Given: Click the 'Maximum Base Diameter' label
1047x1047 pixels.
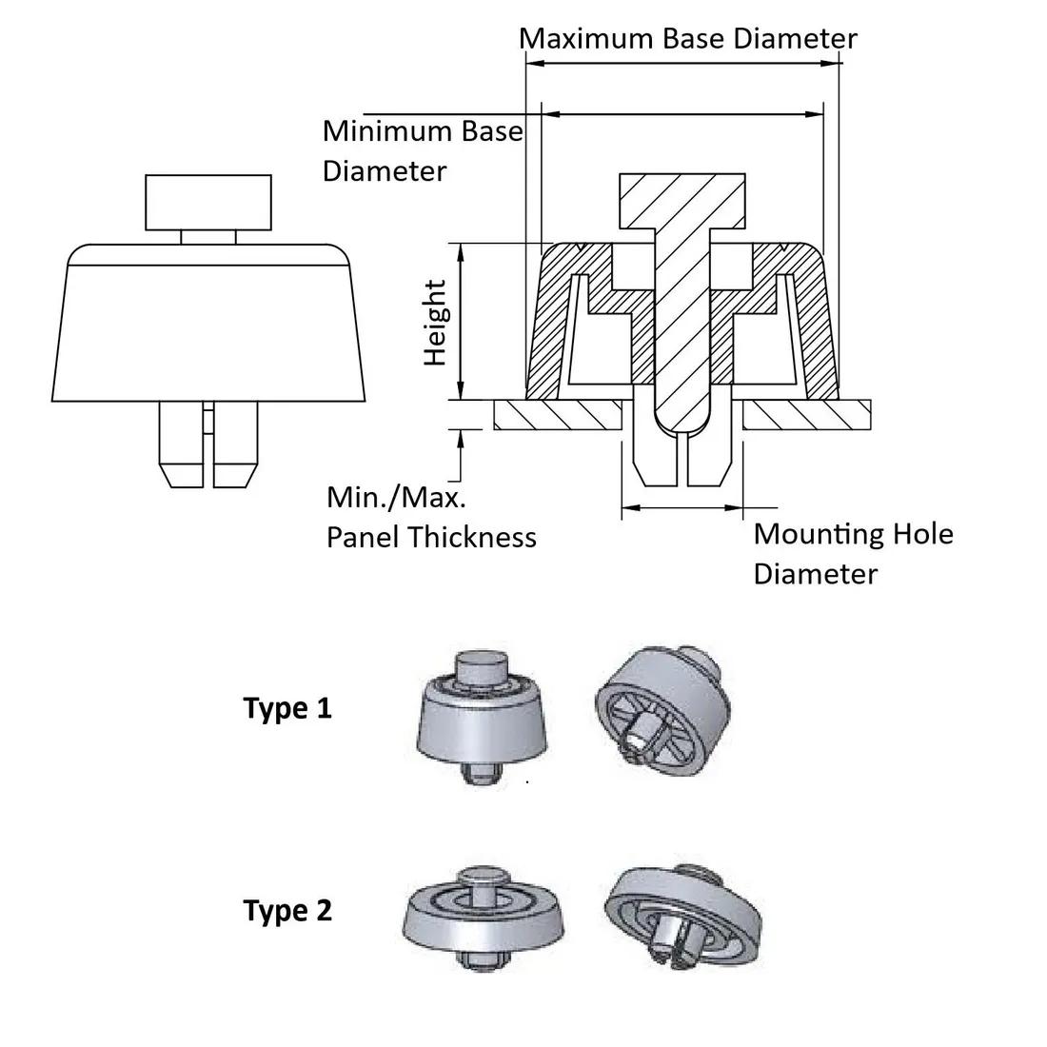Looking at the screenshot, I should (x=687, y=39).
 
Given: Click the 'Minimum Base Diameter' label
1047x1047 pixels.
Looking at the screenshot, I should (x=423, y=150).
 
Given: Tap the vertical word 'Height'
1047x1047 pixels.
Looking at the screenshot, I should (x=435, y=323).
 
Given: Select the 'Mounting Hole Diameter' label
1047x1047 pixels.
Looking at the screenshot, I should (x=852, y=553).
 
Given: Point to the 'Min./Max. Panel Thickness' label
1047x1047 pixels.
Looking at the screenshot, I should (x=431, y=517).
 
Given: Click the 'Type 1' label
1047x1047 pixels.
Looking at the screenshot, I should (x=287, y=709).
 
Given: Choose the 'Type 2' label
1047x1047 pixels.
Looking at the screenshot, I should (x=287, y=911).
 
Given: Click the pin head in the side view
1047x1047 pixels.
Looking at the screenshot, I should (x=207, y=203).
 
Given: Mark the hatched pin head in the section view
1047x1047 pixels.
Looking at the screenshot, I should (x=682, y=201).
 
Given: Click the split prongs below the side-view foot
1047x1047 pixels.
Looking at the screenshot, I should (x=208, y=444).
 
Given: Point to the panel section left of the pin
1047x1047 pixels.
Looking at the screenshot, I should (x=558, y=414).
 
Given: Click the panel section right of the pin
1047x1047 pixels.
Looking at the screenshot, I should (x=806, y=414).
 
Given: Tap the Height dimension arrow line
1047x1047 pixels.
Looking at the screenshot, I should (x=462, y=321).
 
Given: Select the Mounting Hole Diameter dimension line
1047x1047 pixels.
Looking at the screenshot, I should (x=682, y=506).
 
